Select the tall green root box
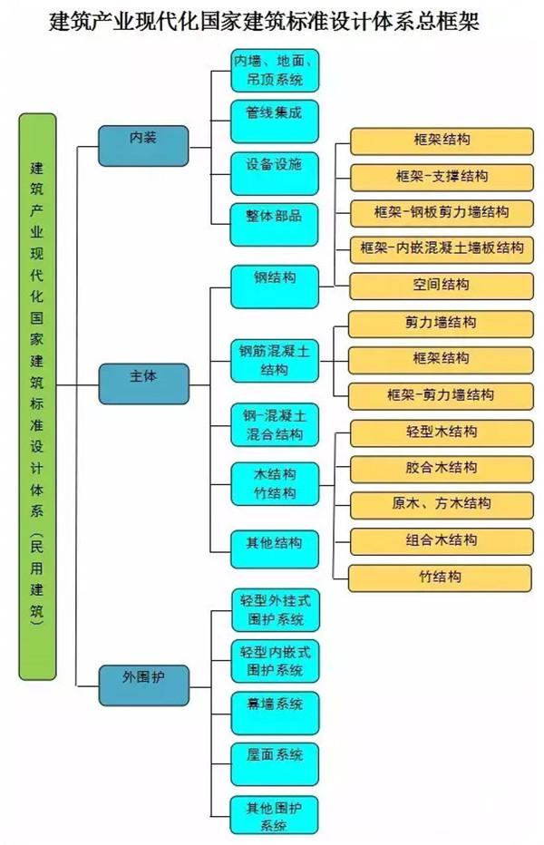[37, 396]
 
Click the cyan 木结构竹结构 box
[274, 485]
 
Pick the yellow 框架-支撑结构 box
[440, 176]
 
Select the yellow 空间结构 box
[440, 285]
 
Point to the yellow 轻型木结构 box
[440, 432]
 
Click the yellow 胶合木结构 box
[440, 469]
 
